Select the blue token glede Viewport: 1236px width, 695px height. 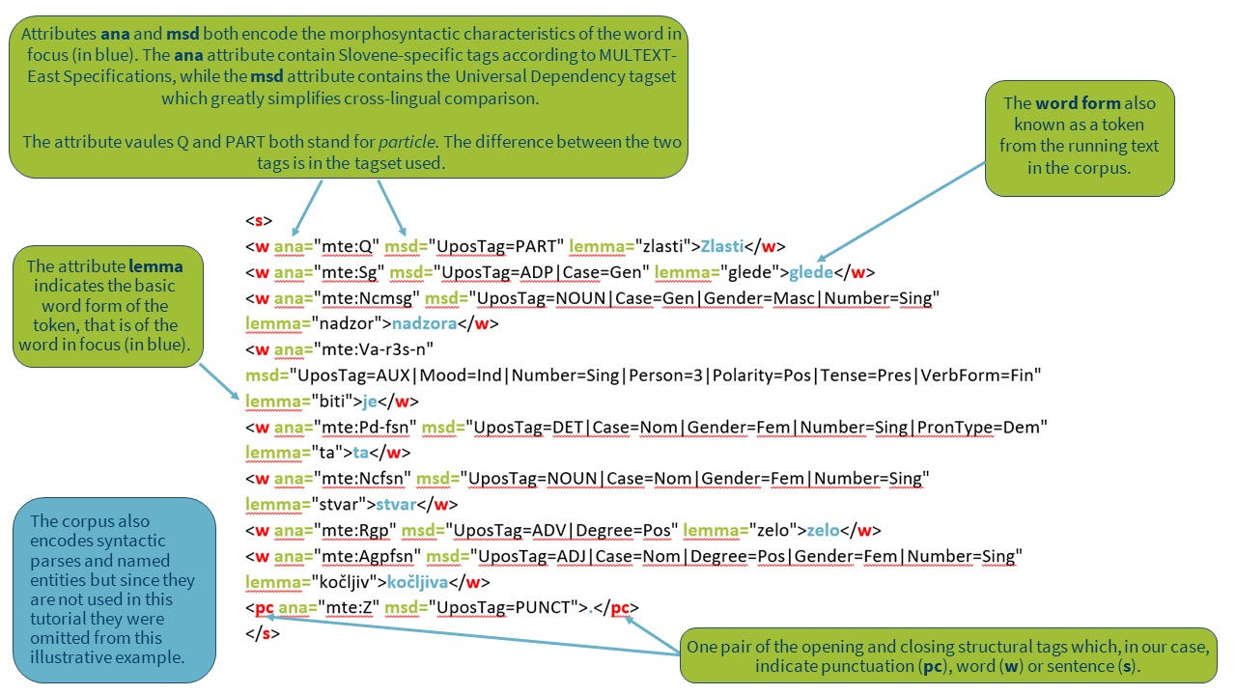coord(811,272)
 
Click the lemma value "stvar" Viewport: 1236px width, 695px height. coord(340,504)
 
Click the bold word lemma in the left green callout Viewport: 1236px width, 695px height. coord(155,265)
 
